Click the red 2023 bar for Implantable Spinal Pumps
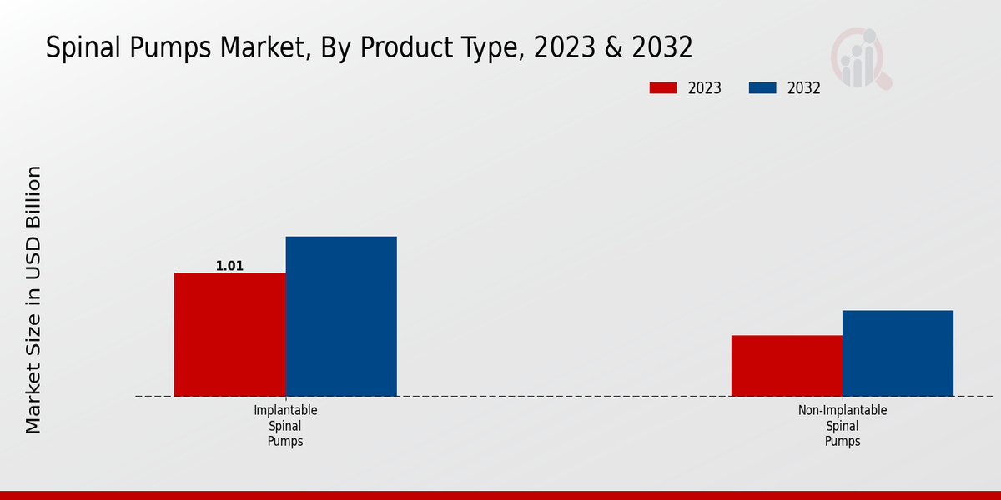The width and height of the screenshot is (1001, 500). pyautogui.click(x=229, y=334)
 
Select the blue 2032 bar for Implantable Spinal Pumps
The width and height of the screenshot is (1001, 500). pyautogui.click(x=341, y=316)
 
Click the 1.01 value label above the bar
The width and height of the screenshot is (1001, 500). pyautogui.click(x=229, y=267)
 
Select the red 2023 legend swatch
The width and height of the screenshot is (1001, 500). pyautogui.click(x=663, y=88)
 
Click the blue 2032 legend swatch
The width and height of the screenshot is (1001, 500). pyautogui.click(x=762, y=88)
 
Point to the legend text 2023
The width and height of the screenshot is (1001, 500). pyautogui.click(x=705, y=88)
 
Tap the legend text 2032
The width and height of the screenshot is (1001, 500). pyautogui.click(x=804, y=88)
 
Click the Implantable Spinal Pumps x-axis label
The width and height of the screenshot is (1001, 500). pyautogui.click(x=285, y=426)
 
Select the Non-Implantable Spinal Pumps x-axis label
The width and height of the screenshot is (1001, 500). pyautogui.click(x=843, y=426)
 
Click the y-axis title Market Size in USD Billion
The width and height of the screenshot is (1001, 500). pyautogui.click(x=33, y=300)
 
